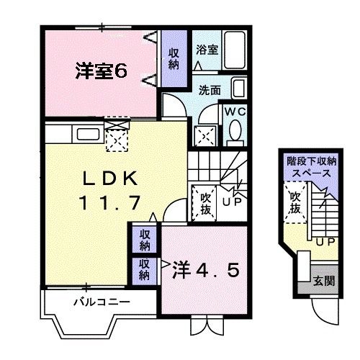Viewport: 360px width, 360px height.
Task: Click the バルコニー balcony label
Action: [x=102, y=302]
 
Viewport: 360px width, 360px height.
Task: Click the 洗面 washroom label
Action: [x=210, y=91]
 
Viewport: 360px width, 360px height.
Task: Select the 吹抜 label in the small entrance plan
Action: [x=296, y=204]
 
